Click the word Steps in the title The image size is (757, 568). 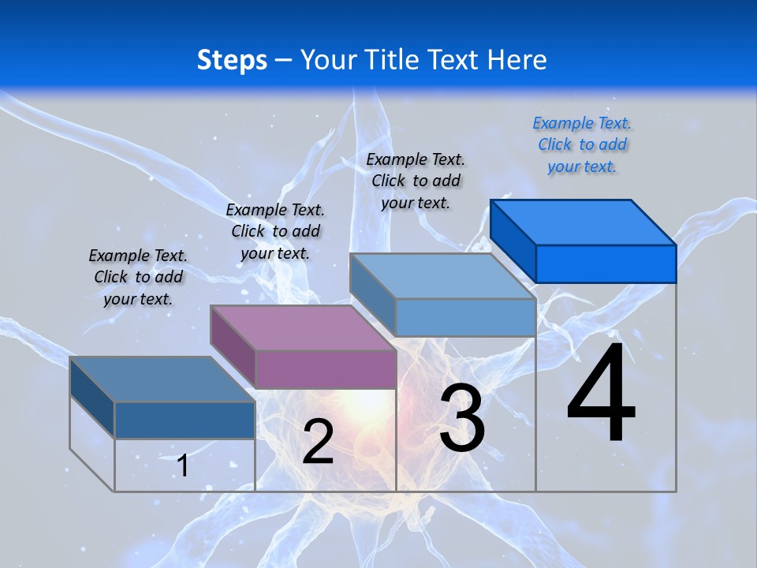[232, 60]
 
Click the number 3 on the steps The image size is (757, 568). [462, 419]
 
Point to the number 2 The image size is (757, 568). [318, 442]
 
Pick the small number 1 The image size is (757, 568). [183, 465]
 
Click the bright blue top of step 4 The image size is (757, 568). [584, 222]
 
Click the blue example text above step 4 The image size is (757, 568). [582, 144]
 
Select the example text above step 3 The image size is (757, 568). [416, 181]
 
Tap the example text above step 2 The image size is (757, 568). [275, 231]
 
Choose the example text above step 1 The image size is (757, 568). [138, 277]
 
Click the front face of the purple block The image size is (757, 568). [326, 369]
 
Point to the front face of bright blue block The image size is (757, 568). [606, 263]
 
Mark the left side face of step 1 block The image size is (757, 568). [92, 397]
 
